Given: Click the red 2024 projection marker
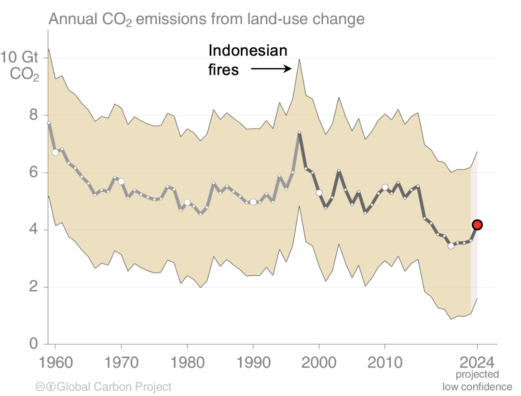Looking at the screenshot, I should tap(477, 225).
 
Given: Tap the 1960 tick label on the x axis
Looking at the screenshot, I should tap(55, 362).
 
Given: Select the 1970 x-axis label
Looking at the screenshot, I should tap(121, 362).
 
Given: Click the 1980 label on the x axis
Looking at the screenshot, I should tap(187, 362).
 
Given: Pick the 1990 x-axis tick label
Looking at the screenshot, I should tap(253, 362).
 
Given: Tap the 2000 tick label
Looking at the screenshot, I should tap(319, 362).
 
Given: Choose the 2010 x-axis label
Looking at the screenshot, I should tap(384, 362).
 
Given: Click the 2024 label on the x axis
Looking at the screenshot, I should tap(477, 362).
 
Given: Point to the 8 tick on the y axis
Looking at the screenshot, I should tap(33, 115).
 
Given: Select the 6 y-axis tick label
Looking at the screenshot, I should tap(33, 172).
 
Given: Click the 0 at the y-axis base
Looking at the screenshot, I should tap(33, 344).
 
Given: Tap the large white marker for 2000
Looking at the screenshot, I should tap(319, 193).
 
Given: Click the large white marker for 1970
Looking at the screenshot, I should tap(121, 181).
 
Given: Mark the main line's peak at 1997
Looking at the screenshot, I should tap(299, 132).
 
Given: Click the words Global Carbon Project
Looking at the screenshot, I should tap(114, 387).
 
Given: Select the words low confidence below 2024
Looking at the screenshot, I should tap(477, 387).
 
